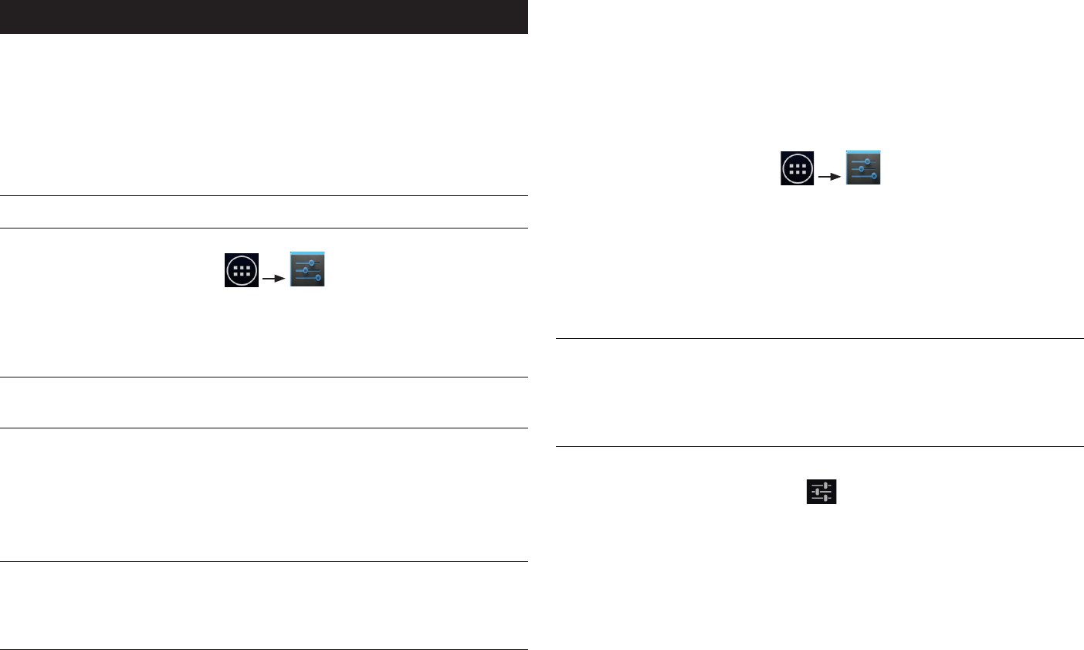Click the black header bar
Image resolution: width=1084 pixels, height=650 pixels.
(x=263, y=16)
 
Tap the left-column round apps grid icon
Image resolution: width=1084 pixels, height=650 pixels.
(x=242, y=270)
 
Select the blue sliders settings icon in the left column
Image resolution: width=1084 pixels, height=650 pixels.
(x=307, y=269)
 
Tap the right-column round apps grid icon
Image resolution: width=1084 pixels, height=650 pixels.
(x=798, y=168)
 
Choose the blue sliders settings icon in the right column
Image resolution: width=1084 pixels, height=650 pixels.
(x=863, y=168)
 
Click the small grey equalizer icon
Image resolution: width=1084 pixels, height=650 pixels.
(x=821, y=491)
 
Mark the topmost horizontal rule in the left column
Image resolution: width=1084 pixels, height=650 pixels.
(x=263, y=196)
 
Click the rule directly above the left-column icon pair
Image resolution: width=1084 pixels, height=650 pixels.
(x=263, y=228)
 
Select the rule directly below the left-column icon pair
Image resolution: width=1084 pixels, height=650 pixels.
(x=263, y=377)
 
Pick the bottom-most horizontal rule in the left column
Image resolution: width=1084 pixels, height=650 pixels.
(x=263, y=649)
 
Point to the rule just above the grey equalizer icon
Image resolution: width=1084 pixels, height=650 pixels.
(x=820, y=446)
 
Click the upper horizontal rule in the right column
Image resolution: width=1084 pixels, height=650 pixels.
(x=820, y=338)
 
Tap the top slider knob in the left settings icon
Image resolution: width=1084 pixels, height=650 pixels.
(x=312, y=263)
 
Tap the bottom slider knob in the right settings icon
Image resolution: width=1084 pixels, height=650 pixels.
(x=874, y=176)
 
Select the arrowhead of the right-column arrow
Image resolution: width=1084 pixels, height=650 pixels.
(x=838, y=175)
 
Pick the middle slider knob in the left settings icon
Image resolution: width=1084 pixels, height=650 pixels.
(x=306, y=270)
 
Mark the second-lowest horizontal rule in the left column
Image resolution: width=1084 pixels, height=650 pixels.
(x=263, y=561)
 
